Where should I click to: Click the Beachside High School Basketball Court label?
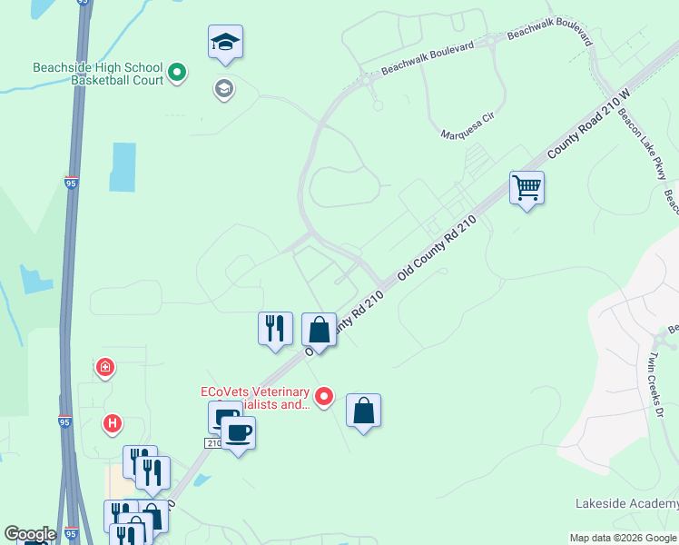tap(97, 74)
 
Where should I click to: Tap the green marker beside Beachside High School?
tap(177, 72)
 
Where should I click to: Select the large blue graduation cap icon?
tap(225, 42)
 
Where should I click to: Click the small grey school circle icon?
tap(222, 88)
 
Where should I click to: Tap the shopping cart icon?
tap(526, 188)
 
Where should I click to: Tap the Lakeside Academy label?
tap(626, 503)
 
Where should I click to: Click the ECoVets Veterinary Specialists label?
tap(256, 399)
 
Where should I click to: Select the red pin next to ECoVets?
tap(324, 396)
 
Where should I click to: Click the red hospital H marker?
tap(113, 422)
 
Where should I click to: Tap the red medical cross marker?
tap(105, 368)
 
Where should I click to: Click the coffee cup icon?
tap(239, 432)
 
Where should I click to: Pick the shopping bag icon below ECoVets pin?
tap(363, 411)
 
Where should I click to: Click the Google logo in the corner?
tap(30, 534)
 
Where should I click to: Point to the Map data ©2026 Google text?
tap(622, 538)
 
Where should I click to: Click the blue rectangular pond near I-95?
tap(123, 167)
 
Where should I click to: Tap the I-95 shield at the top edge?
tap(84, 4)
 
